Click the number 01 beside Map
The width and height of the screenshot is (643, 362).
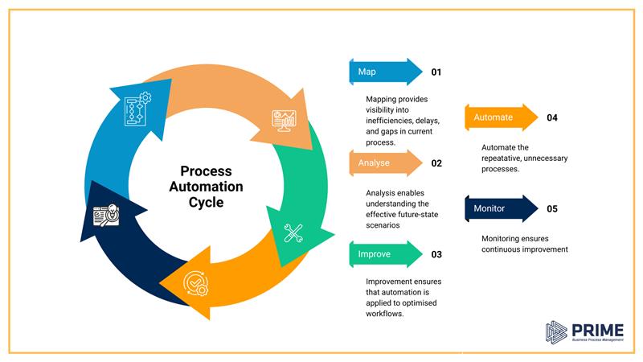tap(436, 72)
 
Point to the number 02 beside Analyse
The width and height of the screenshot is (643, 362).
tap(436, 163)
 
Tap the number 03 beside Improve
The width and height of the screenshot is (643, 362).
tap(436, 255)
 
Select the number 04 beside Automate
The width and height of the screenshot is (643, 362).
tap(552, 118)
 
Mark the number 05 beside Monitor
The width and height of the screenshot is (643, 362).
tap(552, 209)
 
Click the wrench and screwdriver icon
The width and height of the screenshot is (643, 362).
tap(293, 233)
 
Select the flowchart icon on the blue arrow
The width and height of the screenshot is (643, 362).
tap(137, 109)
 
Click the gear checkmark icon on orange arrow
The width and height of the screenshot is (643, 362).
tap(196, 284)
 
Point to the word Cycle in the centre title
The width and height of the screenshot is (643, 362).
tap(206, 203)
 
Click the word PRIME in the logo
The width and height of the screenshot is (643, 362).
tap(594, 329)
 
